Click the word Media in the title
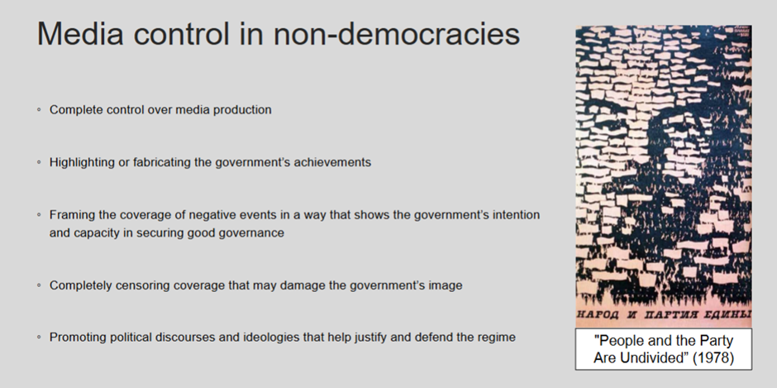[80, 34]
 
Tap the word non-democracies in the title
[397, 34]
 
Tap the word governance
[256, 232]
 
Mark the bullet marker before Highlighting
[39, 162]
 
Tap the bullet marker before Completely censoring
[39, 285]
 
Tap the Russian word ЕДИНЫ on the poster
[729, 314]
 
